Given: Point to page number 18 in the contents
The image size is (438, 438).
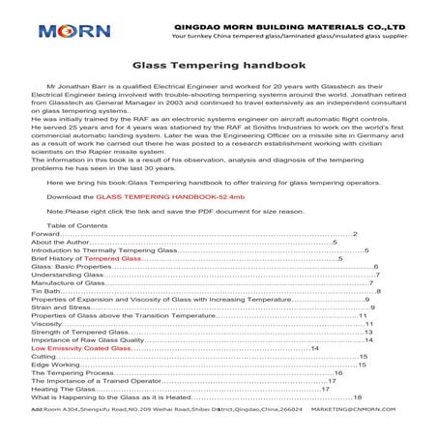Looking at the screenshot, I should tap(358, 398).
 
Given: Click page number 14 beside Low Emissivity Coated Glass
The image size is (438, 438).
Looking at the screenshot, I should tap(314, 347).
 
